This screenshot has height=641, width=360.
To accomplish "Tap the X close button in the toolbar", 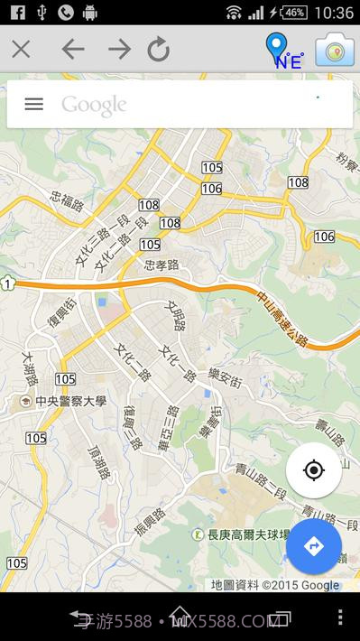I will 21,49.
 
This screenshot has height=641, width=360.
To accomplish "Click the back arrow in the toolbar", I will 73,49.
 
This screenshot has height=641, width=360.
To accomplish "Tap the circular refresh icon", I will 159,50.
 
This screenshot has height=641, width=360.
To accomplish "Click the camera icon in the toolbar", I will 334,51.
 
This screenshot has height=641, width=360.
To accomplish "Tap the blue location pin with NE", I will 280,51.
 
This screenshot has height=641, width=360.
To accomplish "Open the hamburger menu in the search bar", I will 33,104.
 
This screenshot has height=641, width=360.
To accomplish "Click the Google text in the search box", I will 94,105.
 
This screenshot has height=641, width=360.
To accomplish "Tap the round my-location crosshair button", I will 313,470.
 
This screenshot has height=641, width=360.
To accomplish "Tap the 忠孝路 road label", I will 162,265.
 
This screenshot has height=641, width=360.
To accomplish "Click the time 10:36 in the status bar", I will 336,13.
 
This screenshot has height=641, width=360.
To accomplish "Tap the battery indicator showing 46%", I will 293,13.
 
